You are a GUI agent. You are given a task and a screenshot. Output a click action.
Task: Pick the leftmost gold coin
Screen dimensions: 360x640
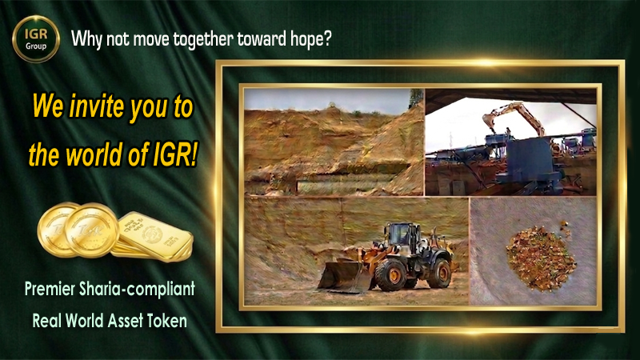click(x=58, y=230)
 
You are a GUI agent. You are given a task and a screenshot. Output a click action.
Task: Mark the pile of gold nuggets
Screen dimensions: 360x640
click(x=541, y=256)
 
